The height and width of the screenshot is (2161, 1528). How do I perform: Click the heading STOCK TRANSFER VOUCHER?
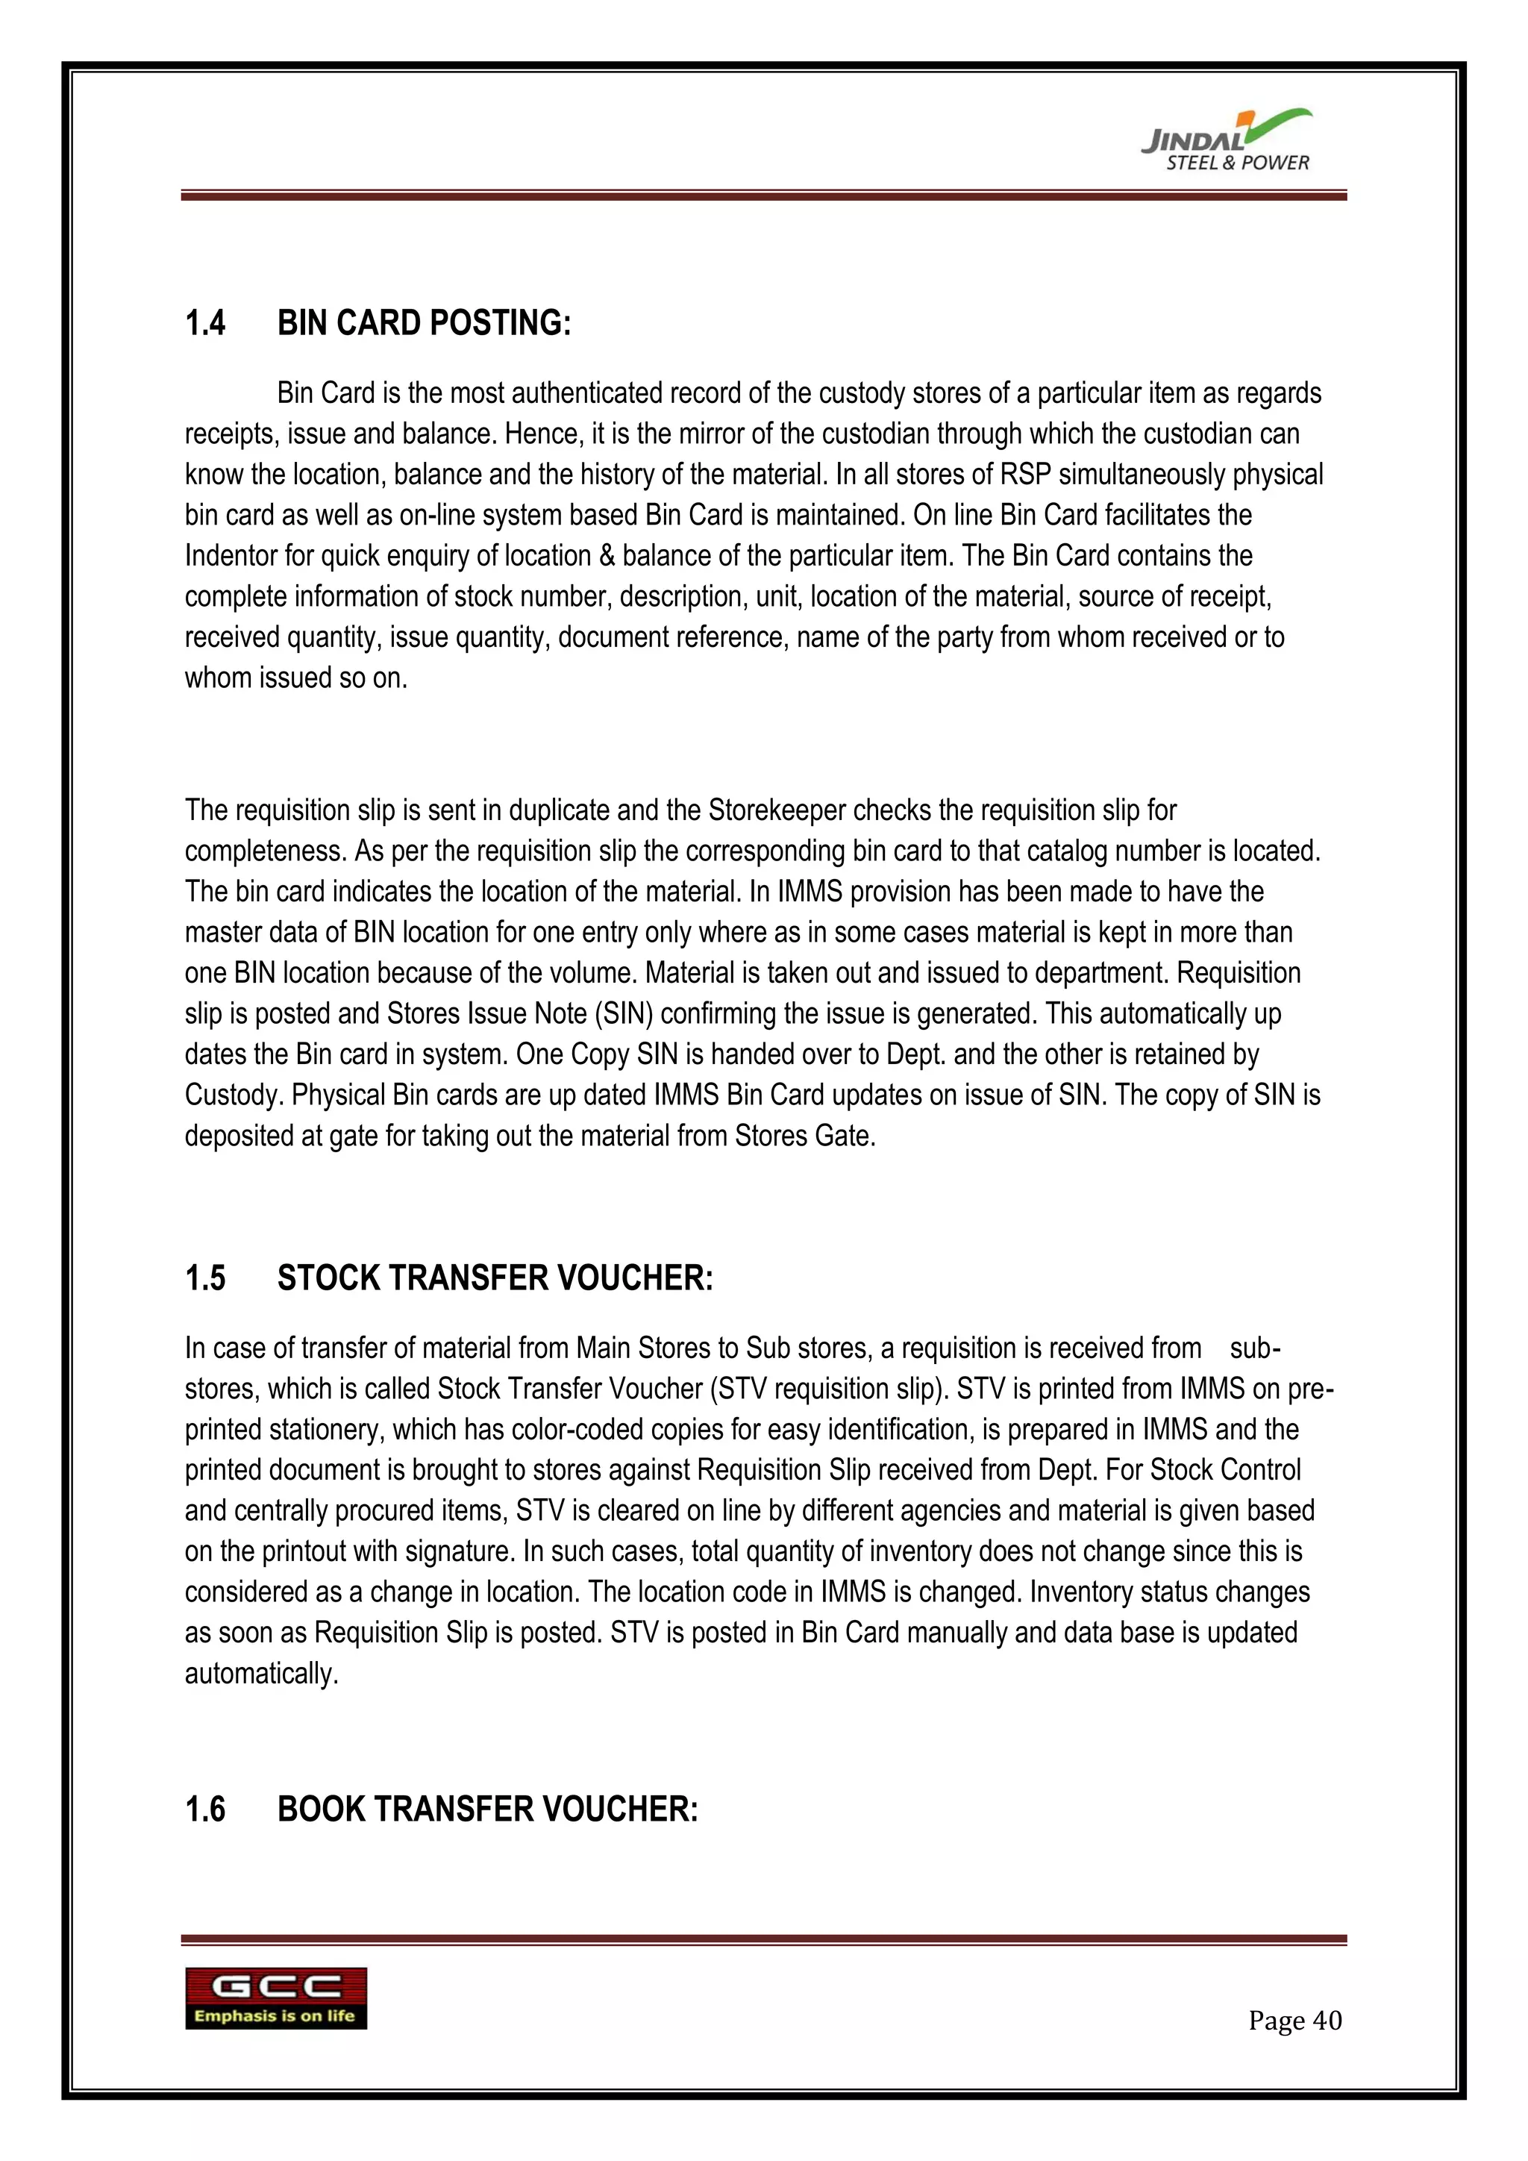(495, 1278)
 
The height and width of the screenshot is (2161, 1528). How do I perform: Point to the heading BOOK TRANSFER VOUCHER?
(487, 1809)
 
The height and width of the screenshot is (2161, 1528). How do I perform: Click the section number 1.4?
(205, 323)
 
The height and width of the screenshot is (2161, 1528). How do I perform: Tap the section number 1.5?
(205, 1278)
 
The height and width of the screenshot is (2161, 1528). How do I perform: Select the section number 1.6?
(205, 1809)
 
